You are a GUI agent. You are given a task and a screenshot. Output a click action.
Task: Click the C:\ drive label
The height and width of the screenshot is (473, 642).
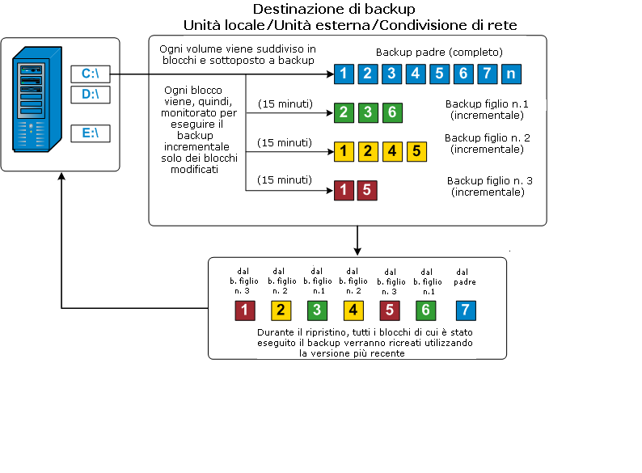click(x=90, y=74)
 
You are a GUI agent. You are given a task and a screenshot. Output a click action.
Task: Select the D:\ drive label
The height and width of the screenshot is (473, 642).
click(x=90, y=95)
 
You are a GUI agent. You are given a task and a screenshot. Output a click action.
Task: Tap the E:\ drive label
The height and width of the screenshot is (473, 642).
click(x=90, y=133)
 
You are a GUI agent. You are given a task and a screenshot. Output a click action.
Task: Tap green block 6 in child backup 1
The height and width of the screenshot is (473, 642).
click(x=391, y=112)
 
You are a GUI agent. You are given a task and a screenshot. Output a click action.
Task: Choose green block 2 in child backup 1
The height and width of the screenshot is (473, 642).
click(x=344, y=112)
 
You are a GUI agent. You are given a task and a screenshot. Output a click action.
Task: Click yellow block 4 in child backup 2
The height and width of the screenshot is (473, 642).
click(x=391, y=150)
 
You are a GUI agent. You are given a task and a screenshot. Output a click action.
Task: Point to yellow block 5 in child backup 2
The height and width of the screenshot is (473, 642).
click(x=416, y=150)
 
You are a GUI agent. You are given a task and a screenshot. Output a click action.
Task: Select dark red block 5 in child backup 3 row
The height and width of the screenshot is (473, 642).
click(x=367, y=191)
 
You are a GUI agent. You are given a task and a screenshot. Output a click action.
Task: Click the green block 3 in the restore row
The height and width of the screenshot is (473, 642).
click(x=317, y=310)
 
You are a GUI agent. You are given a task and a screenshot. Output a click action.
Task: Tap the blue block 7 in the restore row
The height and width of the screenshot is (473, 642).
click(x=464, y=310)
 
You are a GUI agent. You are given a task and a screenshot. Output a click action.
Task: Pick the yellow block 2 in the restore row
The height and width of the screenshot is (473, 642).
click(x=281, y=310)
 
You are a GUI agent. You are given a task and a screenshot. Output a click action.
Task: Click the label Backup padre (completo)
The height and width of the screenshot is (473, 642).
click(x=439, y=53)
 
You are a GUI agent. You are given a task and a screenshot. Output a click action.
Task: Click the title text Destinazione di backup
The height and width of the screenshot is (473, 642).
click(x=334, y=10)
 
